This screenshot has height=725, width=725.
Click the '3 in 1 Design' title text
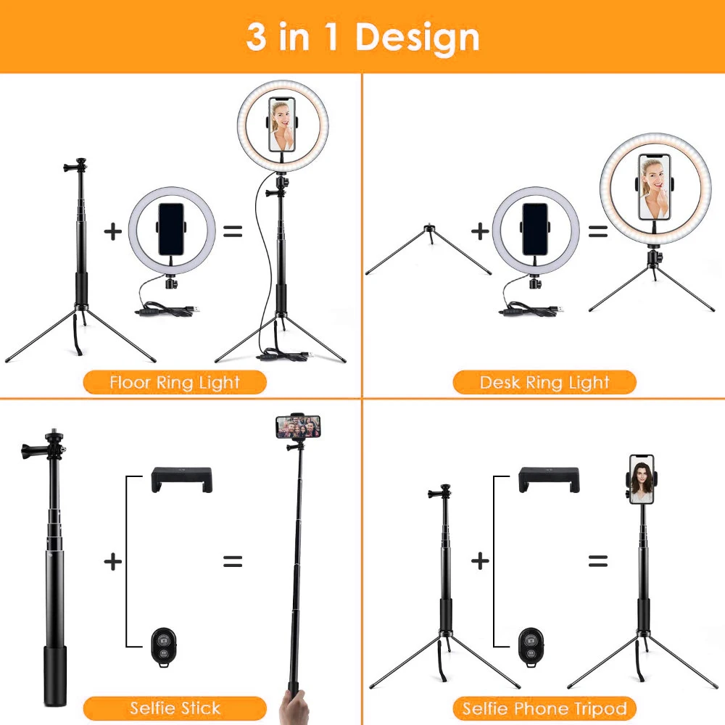362,36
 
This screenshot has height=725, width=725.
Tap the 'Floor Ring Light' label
175,382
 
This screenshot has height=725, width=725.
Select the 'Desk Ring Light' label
544,382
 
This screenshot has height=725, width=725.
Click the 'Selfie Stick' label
175,708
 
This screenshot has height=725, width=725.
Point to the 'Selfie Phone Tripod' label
544,708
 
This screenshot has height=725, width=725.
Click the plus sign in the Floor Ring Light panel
112,232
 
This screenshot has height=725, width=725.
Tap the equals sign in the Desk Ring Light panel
598,232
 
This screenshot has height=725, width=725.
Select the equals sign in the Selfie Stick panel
232,561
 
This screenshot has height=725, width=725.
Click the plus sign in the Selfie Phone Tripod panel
480,561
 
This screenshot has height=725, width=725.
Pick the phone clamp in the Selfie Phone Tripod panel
549,480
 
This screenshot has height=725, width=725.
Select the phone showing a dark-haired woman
642,478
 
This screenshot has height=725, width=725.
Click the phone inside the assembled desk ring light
654,187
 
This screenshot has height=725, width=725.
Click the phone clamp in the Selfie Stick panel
181,480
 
